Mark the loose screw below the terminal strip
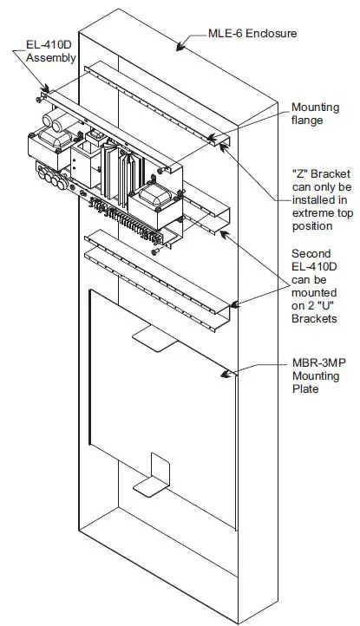pos(155,251)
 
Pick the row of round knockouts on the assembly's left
pos(57,180)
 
